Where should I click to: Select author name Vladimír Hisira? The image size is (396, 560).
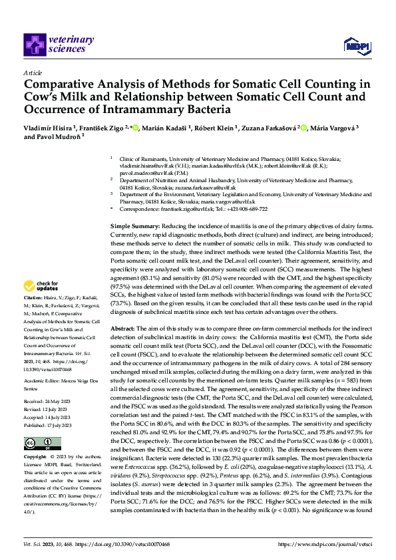[x=49, y=126]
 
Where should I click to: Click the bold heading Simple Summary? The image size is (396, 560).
[x=134, y=227]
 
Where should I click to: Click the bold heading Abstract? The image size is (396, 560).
[x=124, y=330]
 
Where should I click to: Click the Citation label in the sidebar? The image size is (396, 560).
[x=35, y=297]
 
